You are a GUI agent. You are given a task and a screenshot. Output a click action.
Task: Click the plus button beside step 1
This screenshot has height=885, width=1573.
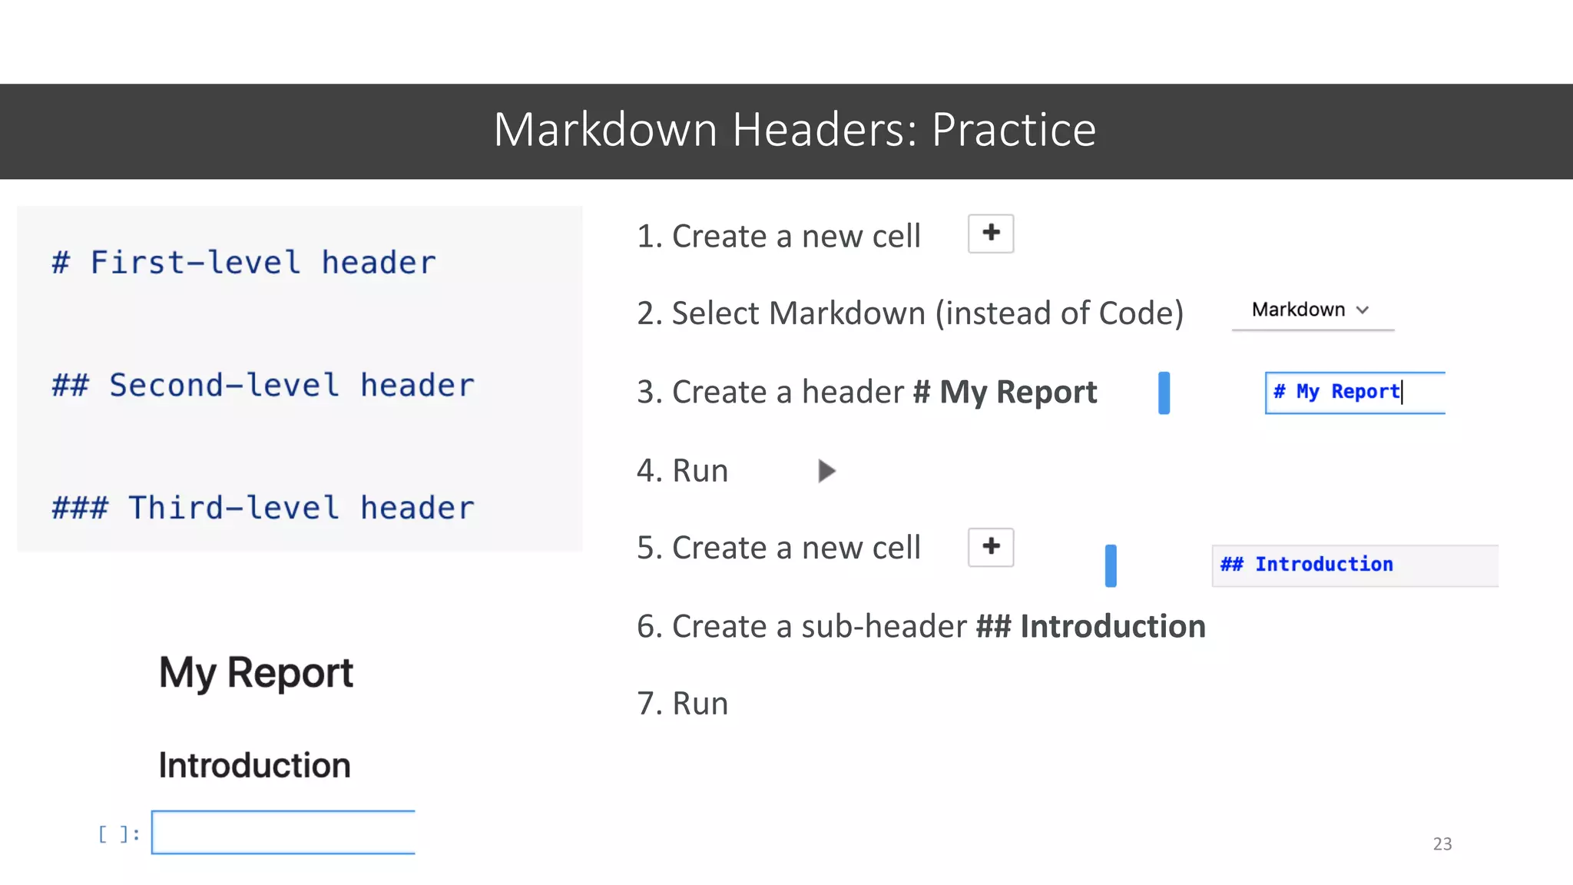(x=991, y=234)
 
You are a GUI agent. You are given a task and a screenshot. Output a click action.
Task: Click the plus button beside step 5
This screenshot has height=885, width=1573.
(x=991, y=547)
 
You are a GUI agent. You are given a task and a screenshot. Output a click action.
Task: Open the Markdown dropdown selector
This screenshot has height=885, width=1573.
(x=1312, y=310)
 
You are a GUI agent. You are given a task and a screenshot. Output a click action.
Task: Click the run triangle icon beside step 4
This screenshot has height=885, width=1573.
(x=826, y=471)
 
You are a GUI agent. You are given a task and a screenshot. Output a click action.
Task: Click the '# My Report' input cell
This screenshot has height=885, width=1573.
(x=1354, y=393)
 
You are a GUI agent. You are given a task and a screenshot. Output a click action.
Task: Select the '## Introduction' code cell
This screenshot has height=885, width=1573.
(x=1354, y=565)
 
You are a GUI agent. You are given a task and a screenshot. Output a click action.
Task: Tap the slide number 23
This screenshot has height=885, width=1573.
(x=1442, y=844)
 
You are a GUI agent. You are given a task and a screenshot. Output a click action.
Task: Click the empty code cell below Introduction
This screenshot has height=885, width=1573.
(x=283, y=832)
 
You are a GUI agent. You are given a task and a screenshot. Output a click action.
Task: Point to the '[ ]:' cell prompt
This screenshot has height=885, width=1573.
(x=119, y=834)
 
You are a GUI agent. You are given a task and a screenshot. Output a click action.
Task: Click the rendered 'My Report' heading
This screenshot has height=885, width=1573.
(x=256, y=673)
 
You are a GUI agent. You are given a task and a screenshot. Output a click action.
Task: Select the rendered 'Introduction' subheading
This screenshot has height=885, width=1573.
(x=254, y=765)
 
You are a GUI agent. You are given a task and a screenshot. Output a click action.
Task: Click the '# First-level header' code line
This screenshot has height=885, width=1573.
(x=243, y=263)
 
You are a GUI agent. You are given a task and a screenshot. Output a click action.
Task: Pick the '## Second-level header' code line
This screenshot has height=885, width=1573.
(x=263, y=386)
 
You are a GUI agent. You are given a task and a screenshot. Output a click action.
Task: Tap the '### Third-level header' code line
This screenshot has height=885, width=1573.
(x=263, y=509)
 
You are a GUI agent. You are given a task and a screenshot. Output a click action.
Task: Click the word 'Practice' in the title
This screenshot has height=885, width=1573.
(x=1013, y=130)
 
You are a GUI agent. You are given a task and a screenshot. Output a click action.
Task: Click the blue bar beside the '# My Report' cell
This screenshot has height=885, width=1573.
(x=1164, y=393)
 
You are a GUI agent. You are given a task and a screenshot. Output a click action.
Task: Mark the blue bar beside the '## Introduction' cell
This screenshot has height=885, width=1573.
(x=1111, y=565)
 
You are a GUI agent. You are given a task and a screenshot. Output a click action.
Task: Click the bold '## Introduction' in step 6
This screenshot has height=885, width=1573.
(x=1090, y=627)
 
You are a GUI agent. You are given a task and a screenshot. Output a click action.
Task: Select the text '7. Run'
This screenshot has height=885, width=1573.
(x=682, y=704)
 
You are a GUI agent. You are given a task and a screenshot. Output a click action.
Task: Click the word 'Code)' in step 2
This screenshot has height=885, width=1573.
(x=1141, y=313)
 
